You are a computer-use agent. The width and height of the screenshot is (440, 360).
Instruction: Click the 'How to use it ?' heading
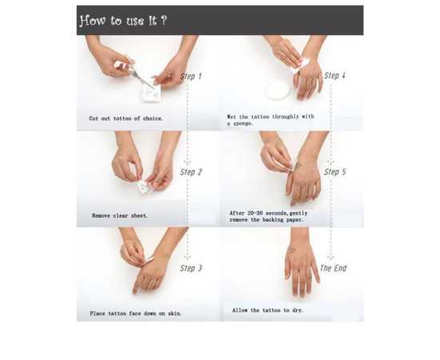pyautogui.click(x=123, y=21)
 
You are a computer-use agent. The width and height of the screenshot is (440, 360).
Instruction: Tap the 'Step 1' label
pyautogui.click(x=191, y=76)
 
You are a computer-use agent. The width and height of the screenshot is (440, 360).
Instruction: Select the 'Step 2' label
pyautogui.click(x=191, y=172)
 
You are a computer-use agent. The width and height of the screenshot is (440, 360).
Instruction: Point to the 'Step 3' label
pyautogui.click(x=191, y=268)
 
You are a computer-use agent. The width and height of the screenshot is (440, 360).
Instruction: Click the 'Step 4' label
pyautogui.click(x=334, y=76)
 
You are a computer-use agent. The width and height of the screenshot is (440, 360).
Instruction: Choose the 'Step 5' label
pyautogui.click(x=335, y=172)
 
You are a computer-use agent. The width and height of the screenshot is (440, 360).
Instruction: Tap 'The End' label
pyautogui.click(x=334, y=268)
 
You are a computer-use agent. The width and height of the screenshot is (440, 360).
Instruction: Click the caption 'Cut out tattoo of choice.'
pyautogui.click(x=126, y=118)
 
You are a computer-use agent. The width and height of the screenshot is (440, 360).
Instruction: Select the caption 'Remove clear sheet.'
pyautogui.click(x=119, y=215)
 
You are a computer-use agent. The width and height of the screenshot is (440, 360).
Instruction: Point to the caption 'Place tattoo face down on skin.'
pyautogui.click(x=135, y=313)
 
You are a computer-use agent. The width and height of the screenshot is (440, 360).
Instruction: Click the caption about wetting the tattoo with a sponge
pyautogui.click(x=270, y=120)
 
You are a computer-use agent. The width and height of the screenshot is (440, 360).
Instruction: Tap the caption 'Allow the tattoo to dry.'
pyautogui.click(x=267, y=310)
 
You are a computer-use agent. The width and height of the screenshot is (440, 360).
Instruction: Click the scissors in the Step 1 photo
pyautogui.click(x=134, y=72)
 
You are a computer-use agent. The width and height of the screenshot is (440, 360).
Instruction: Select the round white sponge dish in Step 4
pyautogui.click(x=278, y=90)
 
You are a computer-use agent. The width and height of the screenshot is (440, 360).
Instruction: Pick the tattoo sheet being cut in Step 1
pyautogui.click(x=151, y=92)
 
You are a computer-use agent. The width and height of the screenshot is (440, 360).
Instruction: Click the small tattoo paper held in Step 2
pyautogui.click(x=143, y=186)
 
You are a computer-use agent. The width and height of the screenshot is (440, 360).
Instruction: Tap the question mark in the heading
pyautogui.click(x=163, y=20)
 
